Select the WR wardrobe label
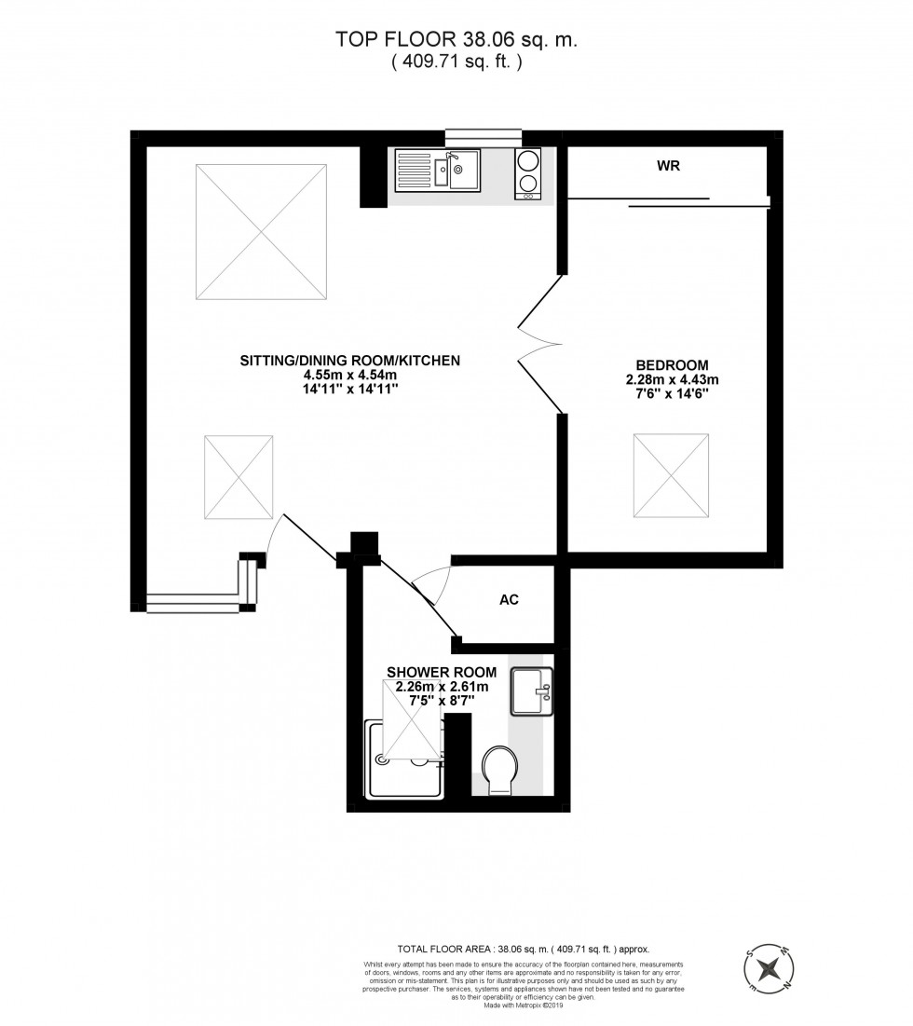tap(667, 167)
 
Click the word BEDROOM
tap(672, 364)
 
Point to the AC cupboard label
tap(509, 600)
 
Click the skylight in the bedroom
tap(671, 474)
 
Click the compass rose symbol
tap(770, 967)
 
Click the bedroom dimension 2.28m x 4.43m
tap(672, 379)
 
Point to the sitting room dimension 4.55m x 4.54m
tap(350, 376)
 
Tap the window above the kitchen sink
tap(478, 138)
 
